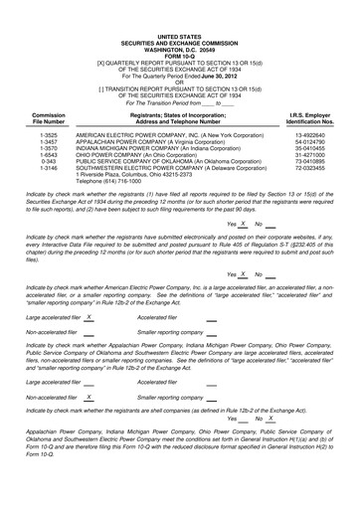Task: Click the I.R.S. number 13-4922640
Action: [x=313, y=132]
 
